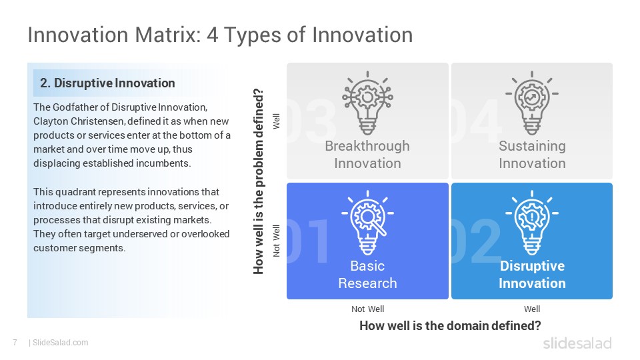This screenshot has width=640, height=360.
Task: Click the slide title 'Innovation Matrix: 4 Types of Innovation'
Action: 220,35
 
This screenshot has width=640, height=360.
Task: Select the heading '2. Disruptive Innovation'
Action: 107,83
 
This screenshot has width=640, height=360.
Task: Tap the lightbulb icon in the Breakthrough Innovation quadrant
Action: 367,103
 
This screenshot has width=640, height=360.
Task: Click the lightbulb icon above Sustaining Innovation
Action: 532,103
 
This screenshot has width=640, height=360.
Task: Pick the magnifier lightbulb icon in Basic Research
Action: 367,223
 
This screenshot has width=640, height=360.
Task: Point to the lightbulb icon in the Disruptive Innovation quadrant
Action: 532,223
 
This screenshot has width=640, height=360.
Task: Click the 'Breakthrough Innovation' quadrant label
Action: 367,154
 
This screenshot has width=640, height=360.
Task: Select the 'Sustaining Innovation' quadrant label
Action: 532,154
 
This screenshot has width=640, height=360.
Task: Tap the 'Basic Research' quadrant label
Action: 367,274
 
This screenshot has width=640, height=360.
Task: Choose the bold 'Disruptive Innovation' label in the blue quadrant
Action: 532,274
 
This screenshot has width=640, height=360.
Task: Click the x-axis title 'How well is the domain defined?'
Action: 450,326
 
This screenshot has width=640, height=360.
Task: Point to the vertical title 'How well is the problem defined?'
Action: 259,181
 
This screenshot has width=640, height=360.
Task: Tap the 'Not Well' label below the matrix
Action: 367,309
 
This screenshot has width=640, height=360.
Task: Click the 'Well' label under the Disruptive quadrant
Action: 532,309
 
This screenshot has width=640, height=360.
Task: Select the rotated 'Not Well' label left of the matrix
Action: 276,241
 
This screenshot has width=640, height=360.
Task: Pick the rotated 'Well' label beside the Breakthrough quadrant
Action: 276,121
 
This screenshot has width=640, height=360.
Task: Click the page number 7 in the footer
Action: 15,343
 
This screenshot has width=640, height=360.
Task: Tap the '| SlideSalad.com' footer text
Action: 59,343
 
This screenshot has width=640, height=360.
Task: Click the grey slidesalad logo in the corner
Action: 577,343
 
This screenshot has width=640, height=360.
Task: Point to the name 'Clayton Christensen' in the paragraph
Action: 79,121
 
